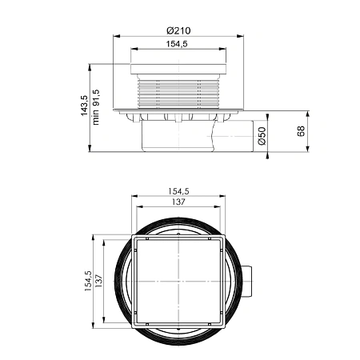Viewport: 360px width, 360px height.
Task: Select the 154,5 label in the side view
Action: (178, 45)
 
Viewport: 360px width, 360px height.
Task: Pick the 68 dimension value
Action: (302, 130)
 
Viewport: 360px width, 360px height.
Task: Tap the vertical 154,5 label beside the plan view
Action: (86, 282)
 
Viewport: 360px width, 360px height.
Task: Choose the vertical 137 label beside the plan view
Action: (99, 282)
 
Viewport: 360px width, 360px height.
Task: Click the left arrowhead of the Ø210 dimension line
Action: (114, 36)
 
